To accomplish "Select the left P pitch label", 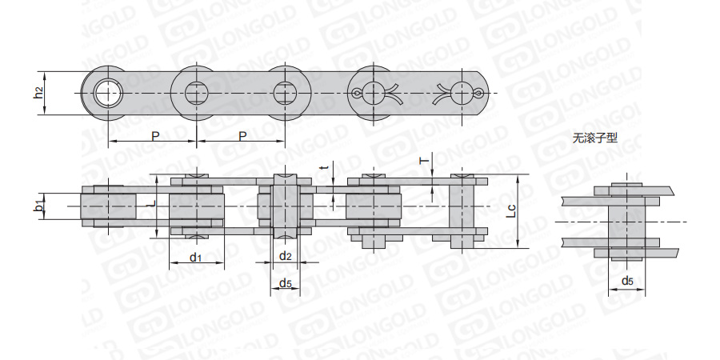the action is tap(155, 135).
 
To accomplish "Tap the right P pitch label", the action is tap(243, 135).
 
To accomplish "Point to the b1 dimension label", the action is tap(40, 206).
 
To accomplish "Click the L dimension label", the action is tap(154, 202).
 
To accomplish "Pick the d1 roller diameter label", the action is tap(196, 257).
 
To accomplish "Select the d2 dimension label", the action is tap(285, 256).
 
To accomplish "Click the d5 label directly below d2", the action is tap(285, 284).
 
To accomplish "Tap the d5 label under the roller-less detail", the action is tap(627, 281).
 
